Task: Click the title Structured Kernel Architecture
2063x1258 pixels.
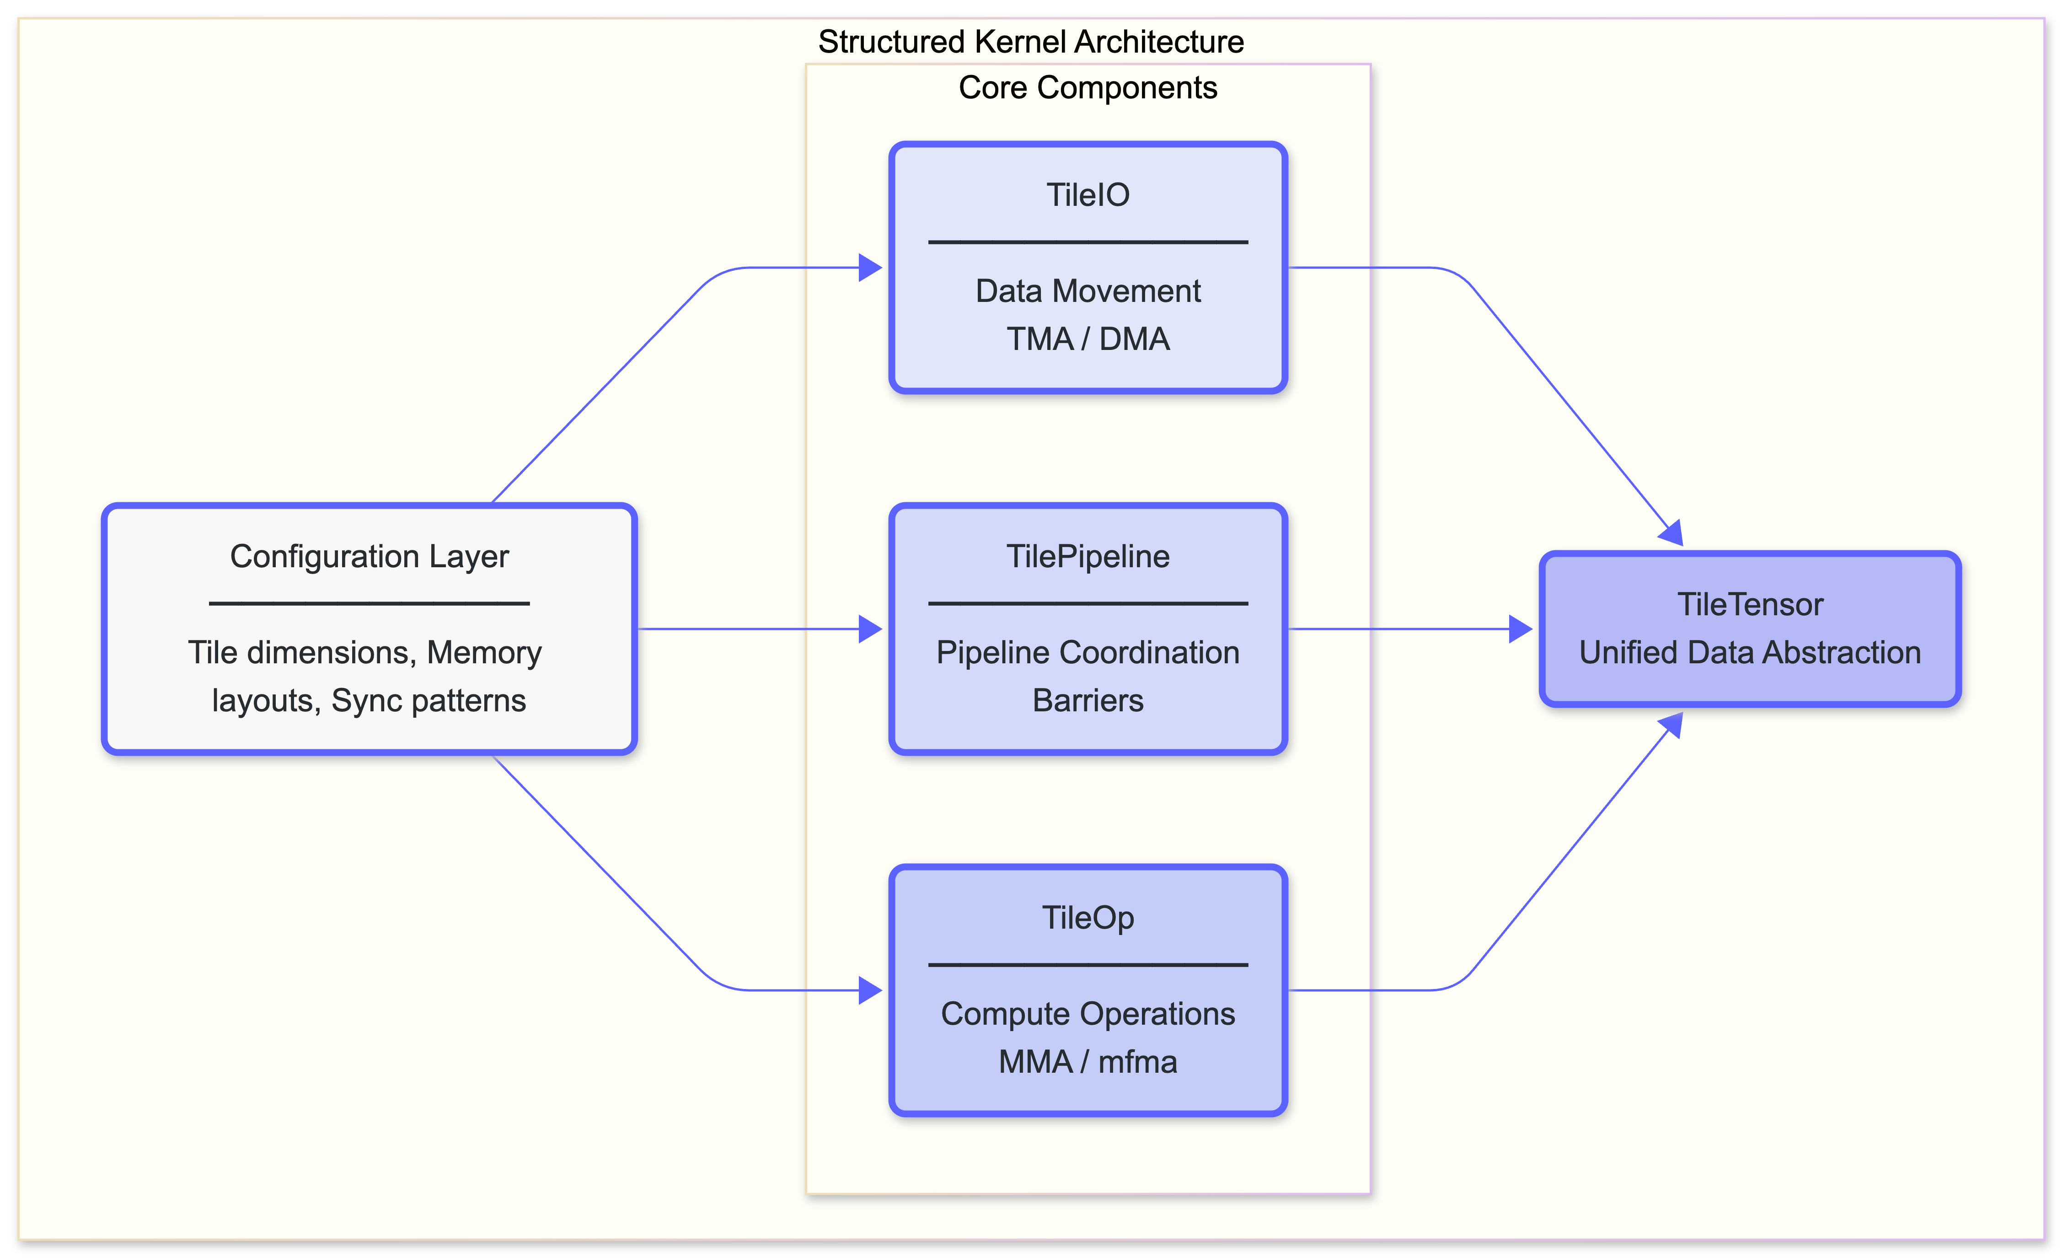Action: tap(1031, 42)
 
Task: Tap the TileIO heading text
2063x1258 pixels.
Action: tap(1088, 195)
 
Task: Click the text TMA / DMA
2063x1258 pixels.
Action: tap(1088, 339)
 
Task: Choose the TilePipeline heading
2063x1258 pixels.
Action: tap(1088, 556)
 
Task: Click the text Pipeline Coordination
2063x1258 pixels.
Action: tap(1088, 652)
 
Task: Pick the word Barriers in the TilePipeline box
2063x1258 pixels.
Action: tap(1088, 700)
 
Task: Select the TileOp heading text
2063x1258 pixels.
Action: tap(1088, 918)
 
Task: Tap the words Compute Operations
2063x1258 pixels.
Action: tap(1088, 1014)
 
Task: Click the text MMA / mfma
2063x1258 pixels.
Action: tap(1088, 1062)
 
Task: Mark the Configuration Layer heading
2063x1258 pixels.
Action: tap(369, 556)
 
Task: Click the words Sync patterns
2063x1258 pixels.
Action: tap(428, 700)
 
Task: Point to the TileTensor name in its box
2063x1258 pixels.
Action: tap(1750, 605)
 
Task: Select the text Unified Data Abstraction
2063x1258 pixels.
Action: tap(1750, 652)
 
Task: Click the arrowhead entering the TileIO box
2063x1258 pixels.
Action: tap(871, 268)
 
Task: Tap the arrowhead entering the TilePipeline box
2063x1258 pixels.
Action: tap(871, 629)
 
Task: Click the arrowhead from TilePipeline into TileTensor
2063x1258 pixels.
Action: tap(1521, 629)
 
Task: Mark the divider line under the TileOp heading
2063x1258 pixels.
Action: tap(1088, 965)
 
